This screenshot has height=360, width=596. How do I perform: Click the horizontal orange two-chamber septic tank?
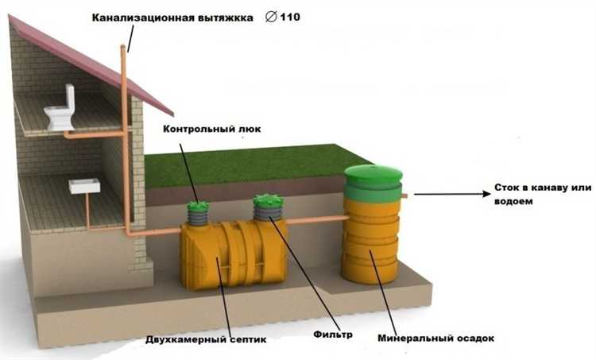pos(234,252)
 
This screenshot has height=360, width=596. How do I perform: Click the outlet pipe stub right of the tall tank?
pos(404,195)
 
